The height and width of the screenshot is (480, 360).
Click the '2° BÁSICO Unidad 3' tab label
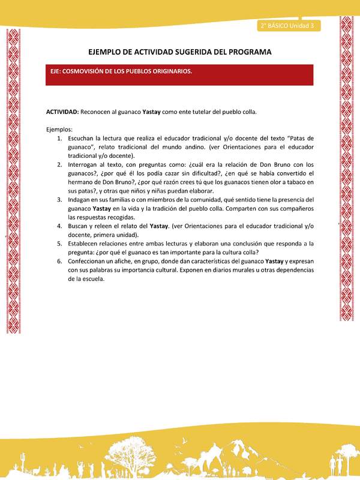(x=288, y=26)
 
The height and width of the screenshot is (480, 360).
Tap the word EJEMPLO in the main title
(x=106, y=52)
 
